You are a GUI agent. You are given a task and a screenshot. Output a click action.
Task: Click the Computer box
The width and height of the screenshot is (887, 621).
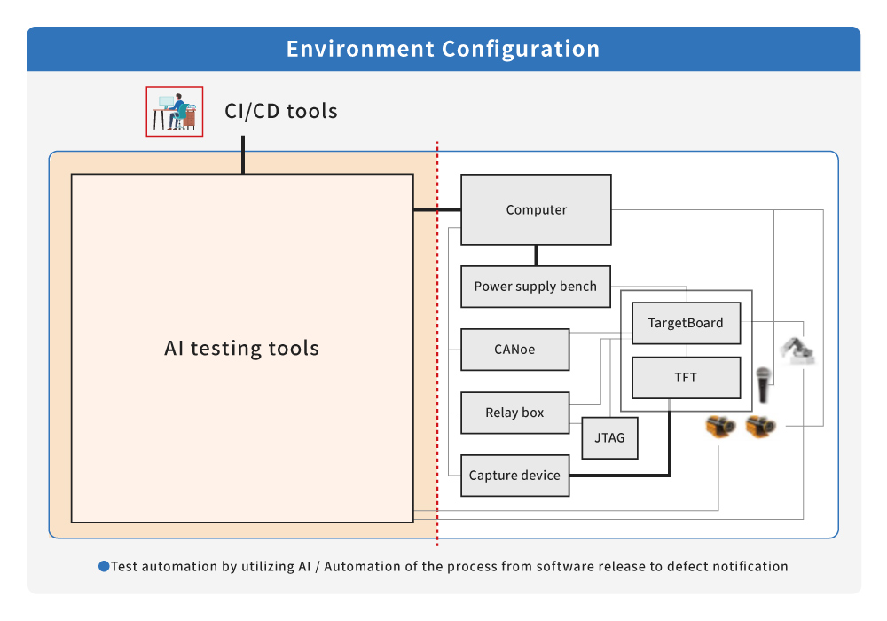click(x=536, y=209)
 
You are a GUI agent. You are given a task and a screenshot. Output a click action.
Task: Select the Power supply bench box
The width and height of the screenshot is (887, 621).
click(x=535, y=287)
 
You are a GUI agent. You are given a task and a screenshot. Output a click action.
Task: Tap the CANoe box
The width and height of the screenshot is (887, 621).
click(x=514, y=350)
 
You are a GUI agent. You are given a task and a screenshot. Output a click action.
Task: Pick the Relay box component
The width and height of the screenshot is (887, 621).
click(x=514, y=413)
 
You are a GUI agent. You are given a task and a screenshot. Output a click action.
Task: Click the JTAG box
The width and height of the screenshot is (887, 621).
click(x=610, y=437)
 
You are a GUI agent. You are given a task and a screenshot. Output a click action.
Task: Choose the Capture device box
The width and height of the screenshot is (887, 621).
click(x=514, y=476)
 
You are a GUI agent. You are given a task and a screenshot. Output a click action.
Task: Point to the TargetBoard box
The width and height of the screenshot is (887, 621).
click(x=686, y=323)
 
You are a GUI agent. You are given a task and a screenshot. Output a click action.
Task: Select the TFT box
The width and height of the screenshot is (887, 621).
click(x=686, y=377)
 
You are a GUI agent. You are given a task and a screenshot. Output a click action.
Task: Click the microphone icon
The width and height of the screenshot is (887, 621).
click(x=764, y=385)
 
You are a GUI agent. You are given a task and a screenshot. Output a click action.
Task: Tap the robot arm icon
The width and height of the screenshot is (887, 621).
click(x=797, y=350)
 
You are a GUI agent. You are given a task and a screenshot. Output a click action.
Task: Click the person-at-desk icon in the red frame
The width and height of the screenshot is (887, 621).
click(x=174, y=112)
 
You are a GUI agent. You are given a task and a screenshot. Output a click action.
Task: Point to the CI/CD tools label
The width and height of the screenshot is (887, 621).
click(x=281, y=111)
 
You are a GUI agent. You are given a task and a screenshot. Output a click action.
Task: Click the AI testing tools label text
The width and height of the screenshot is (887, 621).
click(x=241, y=348)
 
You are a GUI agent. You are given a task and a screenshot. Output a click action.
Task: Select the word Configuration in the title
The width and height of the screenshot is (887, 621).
click(x=521, y=49)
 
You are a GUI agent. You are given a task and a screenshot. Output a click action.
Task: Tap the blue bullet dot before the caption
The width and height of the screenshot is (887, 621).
click(x=104, y=566)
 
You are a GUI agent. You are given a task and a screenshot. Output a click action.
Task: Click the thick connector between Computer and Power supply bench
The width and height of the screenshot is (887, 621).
click(x=536, y=255)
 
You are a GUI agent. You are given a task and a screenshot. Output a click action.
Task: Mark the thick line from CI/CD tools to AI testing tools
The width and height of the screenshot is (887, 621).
click(x=243, y=155)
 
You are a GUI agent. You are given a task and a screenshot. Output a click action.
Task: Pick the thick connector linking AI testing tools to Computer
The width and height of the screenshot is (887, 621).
click(x=437, y=210)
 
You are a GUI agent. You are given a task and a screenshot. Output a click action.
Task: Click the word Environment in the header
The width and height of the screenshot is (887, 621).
click(x=360, y=49)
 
